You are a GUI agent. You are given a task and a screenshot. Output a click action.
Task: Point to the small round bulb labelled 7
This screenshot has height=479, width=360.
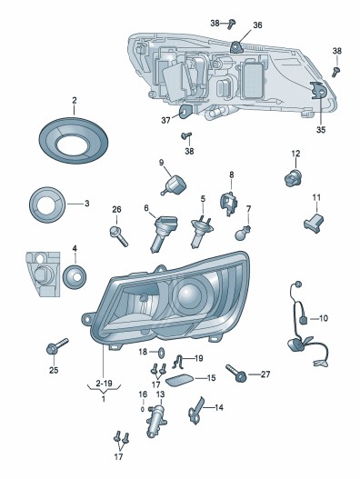(243, 234)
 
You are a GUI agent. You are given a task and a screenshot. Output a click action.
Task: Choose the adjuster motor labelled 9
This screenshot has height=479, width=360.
(175, 185)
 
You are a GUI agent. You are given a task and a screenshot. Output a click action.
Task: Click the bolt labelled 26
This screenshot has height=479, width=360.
(118, 236)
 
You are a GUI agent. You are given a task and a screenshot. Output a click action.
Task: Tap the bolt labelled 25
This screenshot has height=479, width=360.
(56, 346)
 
